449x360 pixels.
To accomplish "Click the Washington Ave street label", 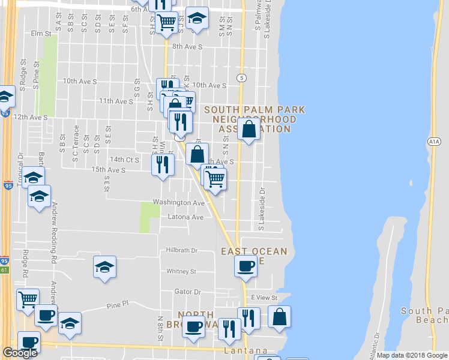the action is [178, 203].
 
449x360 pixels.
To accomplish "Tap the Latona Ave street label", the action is [185, 217].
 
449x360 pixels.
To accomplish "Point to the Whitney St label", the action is [181, 271].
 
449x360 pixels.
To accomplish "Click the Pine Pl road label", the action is [118, 305].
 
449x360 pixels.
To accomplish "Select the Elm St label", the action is [41, 34].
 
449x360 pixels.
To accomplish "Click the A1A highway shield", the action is [435, 142].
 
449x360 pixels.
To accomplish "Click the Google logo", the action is [20, 353].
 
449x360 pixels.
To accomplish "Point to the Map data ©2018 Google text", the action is [411, 355].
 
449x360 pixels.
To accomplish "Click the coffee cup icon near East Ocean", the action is [246, 266].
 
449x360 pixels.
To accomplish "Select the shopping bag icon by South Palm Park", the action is [249, 128].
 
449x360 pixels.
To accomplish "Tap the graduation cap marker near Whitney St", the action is [104, 266].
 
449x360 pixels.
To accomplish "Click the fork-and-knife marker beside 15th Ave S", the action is [162, 163].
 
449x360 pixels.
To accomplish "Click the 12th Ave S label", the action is [30, 117].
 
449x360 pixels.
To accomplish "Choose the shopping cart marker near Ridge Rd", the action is [28, 299].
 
